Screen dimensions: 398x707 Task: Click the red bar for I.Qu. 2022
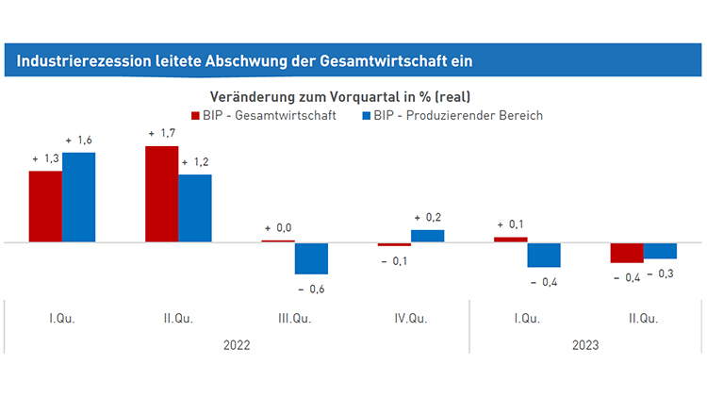[45, 207]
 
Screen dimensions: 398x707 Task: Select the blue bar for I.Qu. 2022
[78, 197]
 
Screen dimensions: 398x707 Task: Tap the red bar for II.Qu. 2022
[161, 194]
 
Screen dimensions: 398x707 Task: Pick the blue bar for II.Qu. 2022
[194, 208]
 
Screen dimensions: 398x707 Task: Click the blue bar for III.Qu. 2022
[311, 257]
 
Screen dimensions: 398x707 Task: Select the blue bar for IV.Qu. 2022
[427, 236]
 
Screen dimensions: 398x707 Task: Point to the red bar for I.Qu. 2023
[510, 240]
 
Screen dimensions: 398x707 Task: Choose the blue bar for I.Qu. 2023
[544, 255]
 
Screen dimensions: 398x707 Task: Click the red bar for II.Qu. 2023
[627, 253]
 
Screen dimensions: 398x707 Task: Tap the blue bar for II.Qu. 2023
[660, 250]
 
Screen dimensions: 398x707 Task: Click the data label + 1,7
[161, 134]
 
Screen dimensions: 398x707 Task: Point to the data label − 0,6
[311, 288]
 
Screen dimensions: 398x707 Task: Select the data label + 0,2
[428, 216]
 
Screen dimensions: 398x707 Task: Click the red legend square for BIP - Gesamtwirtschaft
[196, 115]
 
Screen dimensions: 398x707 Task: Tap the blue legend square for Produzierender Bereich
[367, 115]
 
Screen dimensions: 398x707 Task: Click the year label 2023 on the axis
[585, 345]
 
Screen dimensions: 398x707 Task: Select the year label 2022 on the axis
[237, 345]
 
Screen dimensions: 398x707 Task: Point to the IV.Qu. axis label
[411, 318]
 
